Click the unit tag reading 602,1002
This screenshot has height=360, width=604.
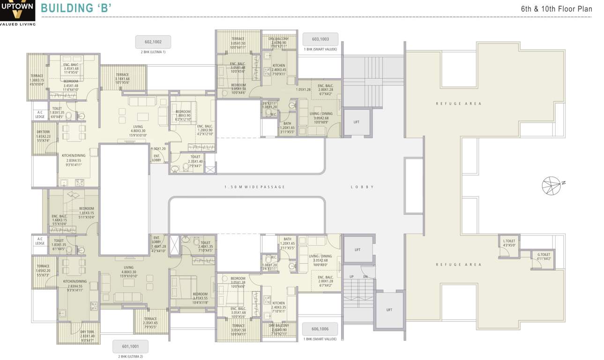pos(153,42)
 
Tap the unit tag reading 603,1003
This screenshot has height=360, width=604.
pos(320,39)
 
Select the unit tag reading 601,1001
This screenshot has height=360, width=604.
pos(130,346)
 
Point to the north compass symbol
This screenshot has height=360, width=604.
pos(552,185)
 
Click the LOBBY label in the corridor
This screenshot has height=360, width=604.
pos(362,187)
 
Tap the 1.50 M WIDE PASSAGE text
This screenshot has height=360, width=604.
pos(254,187)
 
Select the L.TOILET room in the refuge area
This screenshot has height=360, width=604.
pos(509,243)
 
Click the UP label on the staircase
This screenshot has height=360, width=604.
pos(351,277)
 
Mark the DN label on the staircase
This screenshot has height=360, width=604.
pos(365,277)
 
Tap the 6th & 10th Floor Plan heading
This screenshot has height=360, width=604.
pos(557,9)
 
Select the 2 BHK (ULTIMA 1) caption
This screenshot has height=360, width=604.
pos(153,52)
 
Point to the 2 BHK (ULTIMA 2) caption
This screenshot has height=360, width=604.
pos(130,357)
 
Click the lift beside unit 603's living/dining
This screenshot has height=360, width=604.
pos(357,122)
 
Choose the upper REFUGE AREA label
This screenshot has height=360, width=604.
pos(458,104)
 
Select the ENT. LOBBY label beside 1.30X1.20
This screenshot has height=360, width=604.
pos(157,158)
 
